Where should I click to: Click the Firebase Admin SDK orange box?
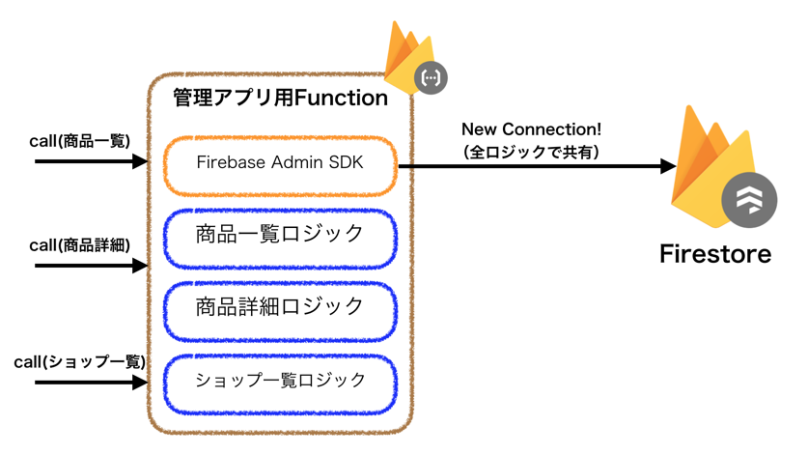(280, 164)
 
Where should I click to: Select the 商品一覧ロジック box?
(280, 235)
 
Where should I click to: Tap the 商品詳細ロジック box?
(280, 307)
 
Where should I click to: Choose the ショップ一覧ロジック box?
(280, 380)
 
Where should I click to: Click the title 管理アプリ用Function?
(280, 99)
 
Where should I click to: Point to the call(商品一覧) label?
(79, 141)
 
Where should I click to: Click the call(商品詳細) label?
(79, 245)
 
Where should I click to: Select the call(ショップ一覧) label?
(79, 362)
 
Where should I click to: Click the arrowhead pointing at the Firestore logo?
(666, 166)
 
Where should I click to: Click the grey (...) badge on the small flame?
(431, 77)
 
